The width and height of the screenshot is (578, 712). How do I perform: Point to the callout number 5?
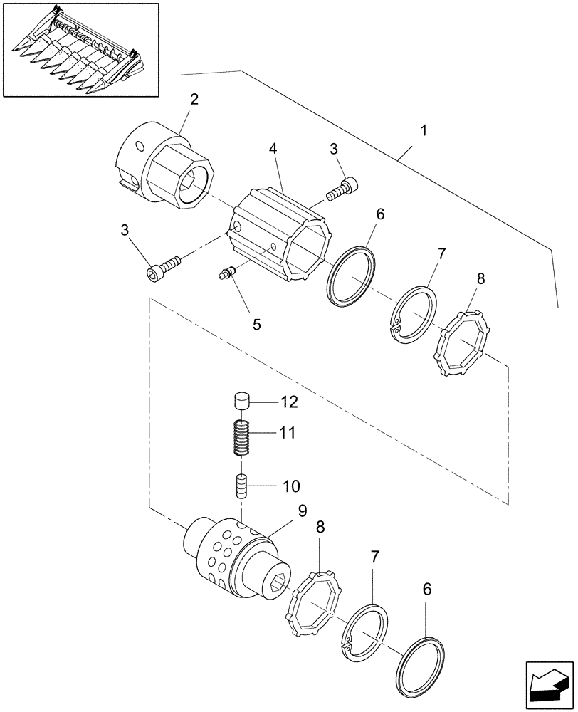pyautogui.click(x=256, y=324)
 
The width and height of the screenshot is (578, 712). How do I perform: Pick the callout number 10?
pyautogui.click(x=292, y=486)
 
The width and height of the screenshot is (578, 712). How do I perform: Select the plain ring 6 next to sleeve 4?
pyautogui.click(x=351, y=277)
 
